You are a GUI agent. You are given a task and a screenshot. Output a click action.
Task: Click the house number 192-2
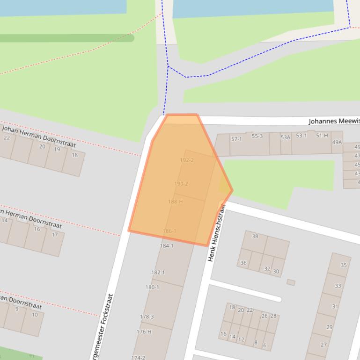[x=186, y=160]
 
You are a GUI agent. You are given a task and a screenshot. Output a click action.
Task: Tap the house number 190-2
[x=181, y=184]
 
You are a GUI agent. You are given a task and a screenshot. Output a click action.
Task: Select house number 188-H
[x=175, y=202]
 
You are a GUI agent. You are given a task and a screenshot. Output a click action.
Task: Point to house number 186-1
[x=169, y=231]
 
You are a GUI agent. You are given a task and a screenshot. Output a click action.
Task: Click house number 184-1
[x=166, y=245]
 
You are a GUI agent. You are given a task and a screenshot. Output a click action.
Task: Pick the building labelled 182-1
[x=158, y=272]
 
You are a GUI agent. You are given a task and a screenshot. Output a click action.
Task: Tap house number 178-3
[x=147, y=317]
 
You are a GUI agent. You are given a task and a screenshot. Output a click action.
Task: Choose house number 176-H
[x=144, y=331]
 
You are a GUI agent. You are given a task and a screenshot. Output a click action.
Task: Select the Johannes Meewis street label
[x=334, y=121]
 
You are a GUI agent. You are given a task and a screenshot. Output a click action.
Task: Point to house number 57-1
[x=236, y=139]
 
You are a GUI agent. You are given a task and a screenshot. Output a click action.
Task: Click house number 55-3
[x=257, y=136]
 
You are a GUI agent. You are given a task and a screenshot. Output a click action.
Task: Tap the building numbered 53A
[x=286, y=137]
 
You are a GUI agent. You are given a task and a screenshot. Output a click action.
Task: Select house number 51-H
[x=322, y=136]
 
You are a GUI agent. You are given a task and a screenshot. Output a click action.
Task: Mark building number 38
[x=255, y=236]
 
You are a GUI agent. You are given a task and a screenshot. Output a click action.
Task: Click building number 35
[x=344, y=265]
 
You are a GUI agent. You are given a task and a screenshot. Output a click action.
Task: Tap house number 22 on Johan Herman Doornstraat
[x=7, y=137]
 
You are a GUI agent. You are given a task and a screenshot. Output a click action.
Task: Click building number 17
[x=55, y=235]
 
